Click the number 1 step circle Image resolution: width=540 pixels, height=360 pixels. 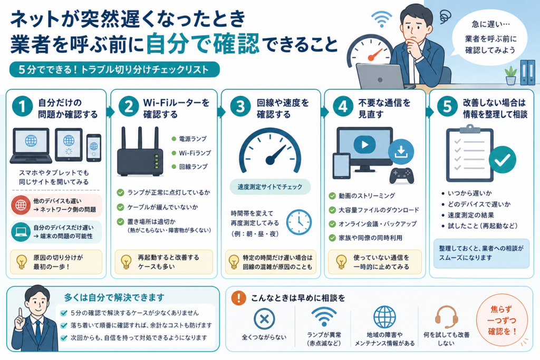pyautogui.click(x=22, y=106)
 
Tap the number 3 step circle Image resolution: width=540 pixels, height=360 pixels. pyautogui.click(x=240, y=106)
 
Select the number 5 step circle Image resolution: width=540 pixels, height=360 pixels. pyautogui.click(x=447, y=106)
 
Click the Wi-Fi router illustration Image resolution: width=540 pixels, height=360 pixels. pyautogui.click(x=140, y=151)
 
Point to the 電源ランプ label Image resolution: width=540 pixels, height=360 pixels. pyautogui.click(x=193, y=139)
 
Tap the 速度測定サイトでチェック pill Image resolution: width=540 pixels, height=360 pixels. pyautogui.click(x=270, y=187)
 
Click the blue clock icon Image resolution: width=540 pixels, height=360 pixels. pyautogui.click(x=298, y=222)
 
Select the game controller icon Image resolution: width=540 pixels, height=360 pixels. pyautogui.click(x=401, y=176)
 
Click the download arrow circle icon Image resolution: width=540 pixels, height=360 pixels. pyautogui.click(x=401, y=151)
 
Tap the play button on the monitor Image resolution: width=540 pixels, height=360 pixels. pyautogui.click(x=364, y=144)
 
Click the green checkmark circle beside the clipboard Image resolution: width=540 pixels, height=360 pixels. pyautogui.click(x=502, y=160)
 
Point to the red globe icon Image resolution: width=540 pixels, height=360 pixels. pyautogui.click(x=21, y=205)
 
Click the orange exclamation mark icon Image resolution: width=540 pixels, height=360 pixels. pyautogui.click(x=238, y=298)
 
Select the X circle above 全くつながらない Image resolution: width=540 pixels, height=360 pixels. pyautogui.click(x=264, y=319)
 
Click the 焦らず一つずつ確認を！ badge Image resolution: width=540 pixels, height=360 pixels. pyautogui.click(x=502, y=320)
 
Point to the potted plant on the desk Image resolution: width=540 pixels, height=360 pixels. pyautogui.click(x=510, y=75)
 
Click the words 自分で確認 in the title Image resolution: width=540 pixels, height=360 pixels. pyautogui.click(x=202, y=44)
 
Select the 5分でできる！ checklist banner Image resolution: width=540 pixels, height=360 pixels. pyautogui.click(x=114, y=70)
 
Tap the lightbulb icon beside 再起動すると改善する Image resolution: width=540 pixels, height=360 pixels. pyautogui.click(x=126, y=262)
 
